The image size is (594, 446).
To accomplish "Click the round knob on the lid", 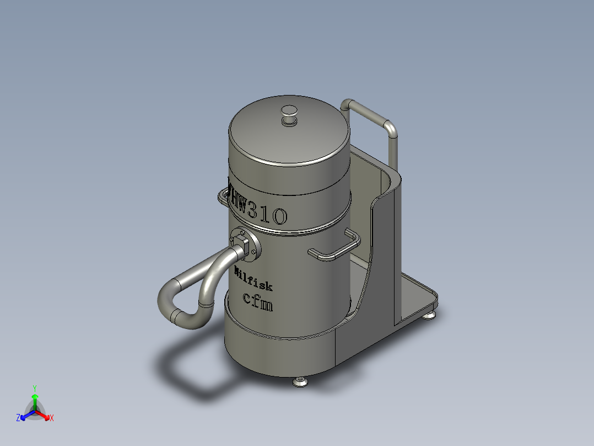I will pyautogui.click(x=289, y=114).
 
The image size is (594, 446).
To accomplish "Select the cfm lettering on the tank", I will pyautogui.click(x=258, y=301).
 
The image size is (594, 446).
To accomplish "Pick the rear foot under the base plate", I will pyautogui.click(x=429, y=315).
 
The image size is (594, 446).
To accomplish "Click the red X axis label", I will pyautogui.click(x=51, y=418).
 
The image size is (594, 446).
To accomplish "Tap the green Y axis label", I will pyautogui.click(x=34, y=388).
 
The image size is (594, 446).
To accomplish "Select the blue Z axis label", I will pyautogui.click(x=18, y=418).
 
